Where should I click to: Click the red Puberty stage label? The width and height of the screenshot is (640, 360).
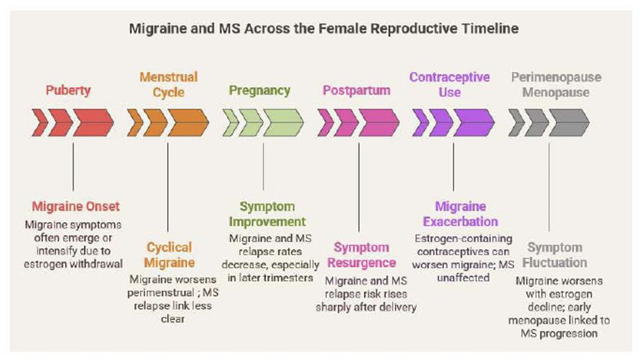click(x=68, y=91)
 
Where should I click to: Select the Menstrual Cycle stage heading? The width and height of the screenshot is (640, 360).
click(x=168, y=85)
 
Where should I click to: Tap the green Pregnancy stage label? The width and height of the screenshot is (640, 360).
click(x=259, y=91)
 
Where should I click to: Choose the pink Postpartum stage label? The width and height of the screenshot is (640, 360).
click(x=357, y=91)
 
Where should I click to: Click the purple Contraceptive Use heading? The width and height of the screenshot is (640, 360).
click(x=450, y=85)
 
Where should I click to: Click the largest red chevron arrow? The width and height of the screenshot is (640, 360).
click(x=93, y=122)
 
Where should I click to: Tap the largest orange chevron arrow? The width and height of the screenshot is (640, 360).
click(x=188, y=122)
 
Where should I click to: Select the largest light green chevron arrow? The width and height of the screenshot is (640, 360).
click(x=283, y=122)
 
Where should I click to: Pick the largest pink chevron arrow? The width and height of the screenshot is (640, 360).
click(x=378, y=122)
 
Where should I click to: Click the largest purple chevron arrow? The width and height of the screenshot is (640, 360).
click(x=474, y=122)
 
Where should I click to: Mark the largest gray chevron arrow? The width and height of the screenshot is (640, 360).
click(x=569, y=122)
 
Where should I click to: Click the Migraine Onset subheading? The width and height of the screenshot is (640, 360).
click(x=75, y=206)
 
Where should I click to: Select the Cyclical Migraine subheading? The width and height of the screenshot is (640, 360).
click(x=169, y=254)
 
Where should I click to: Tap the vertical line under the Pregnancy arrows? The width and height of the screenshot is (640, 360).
click(x=263, y=165)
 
